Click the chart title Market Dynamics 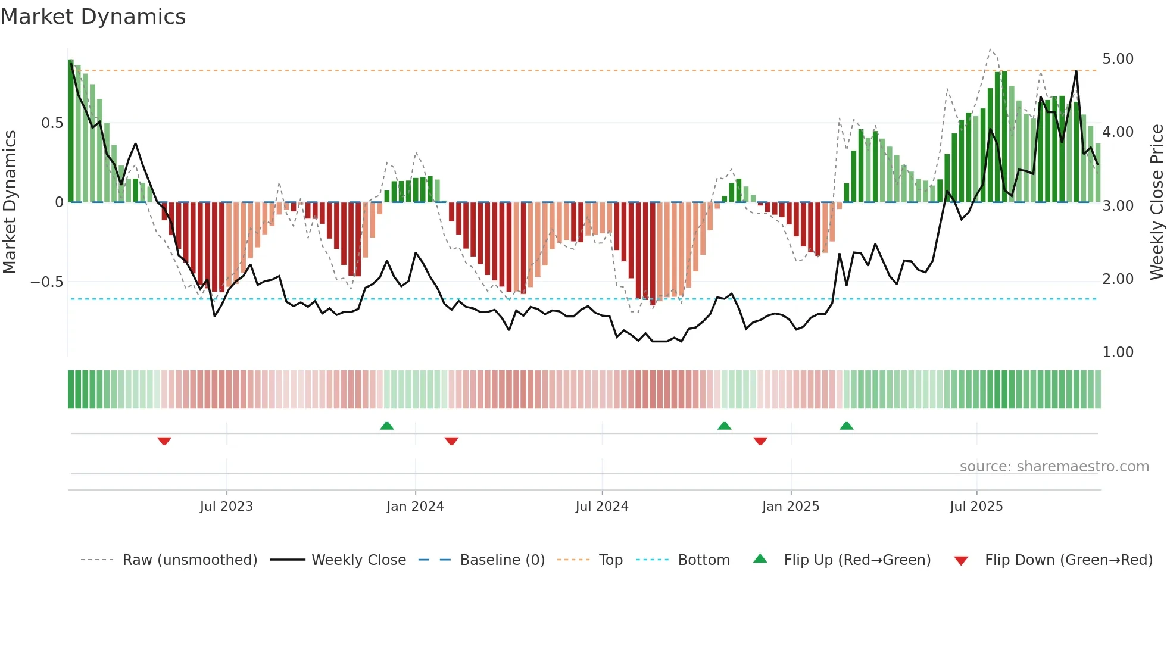pos(93,17)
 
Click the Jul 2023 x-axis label pos(226,507)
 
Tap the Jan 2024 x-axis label pos(415,507)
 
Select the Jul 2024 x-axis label pos(601,507)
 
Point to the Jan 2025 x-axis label pos(790,507)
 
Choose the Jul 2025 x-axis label pos(976,507)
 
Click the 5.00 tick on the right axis pos(1118,59)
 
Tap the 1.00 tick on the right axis pos(1118,352)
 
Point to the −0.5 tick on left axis pos(47,282)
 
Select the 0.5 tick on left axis pos(52,123)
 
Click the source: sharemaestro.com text pos(1054,467)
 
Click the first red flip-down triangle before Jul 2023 pos(164,441)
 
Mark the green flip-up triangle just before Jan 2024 pos(387,426)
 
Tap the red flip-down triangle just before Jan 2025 pos(760,441)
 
